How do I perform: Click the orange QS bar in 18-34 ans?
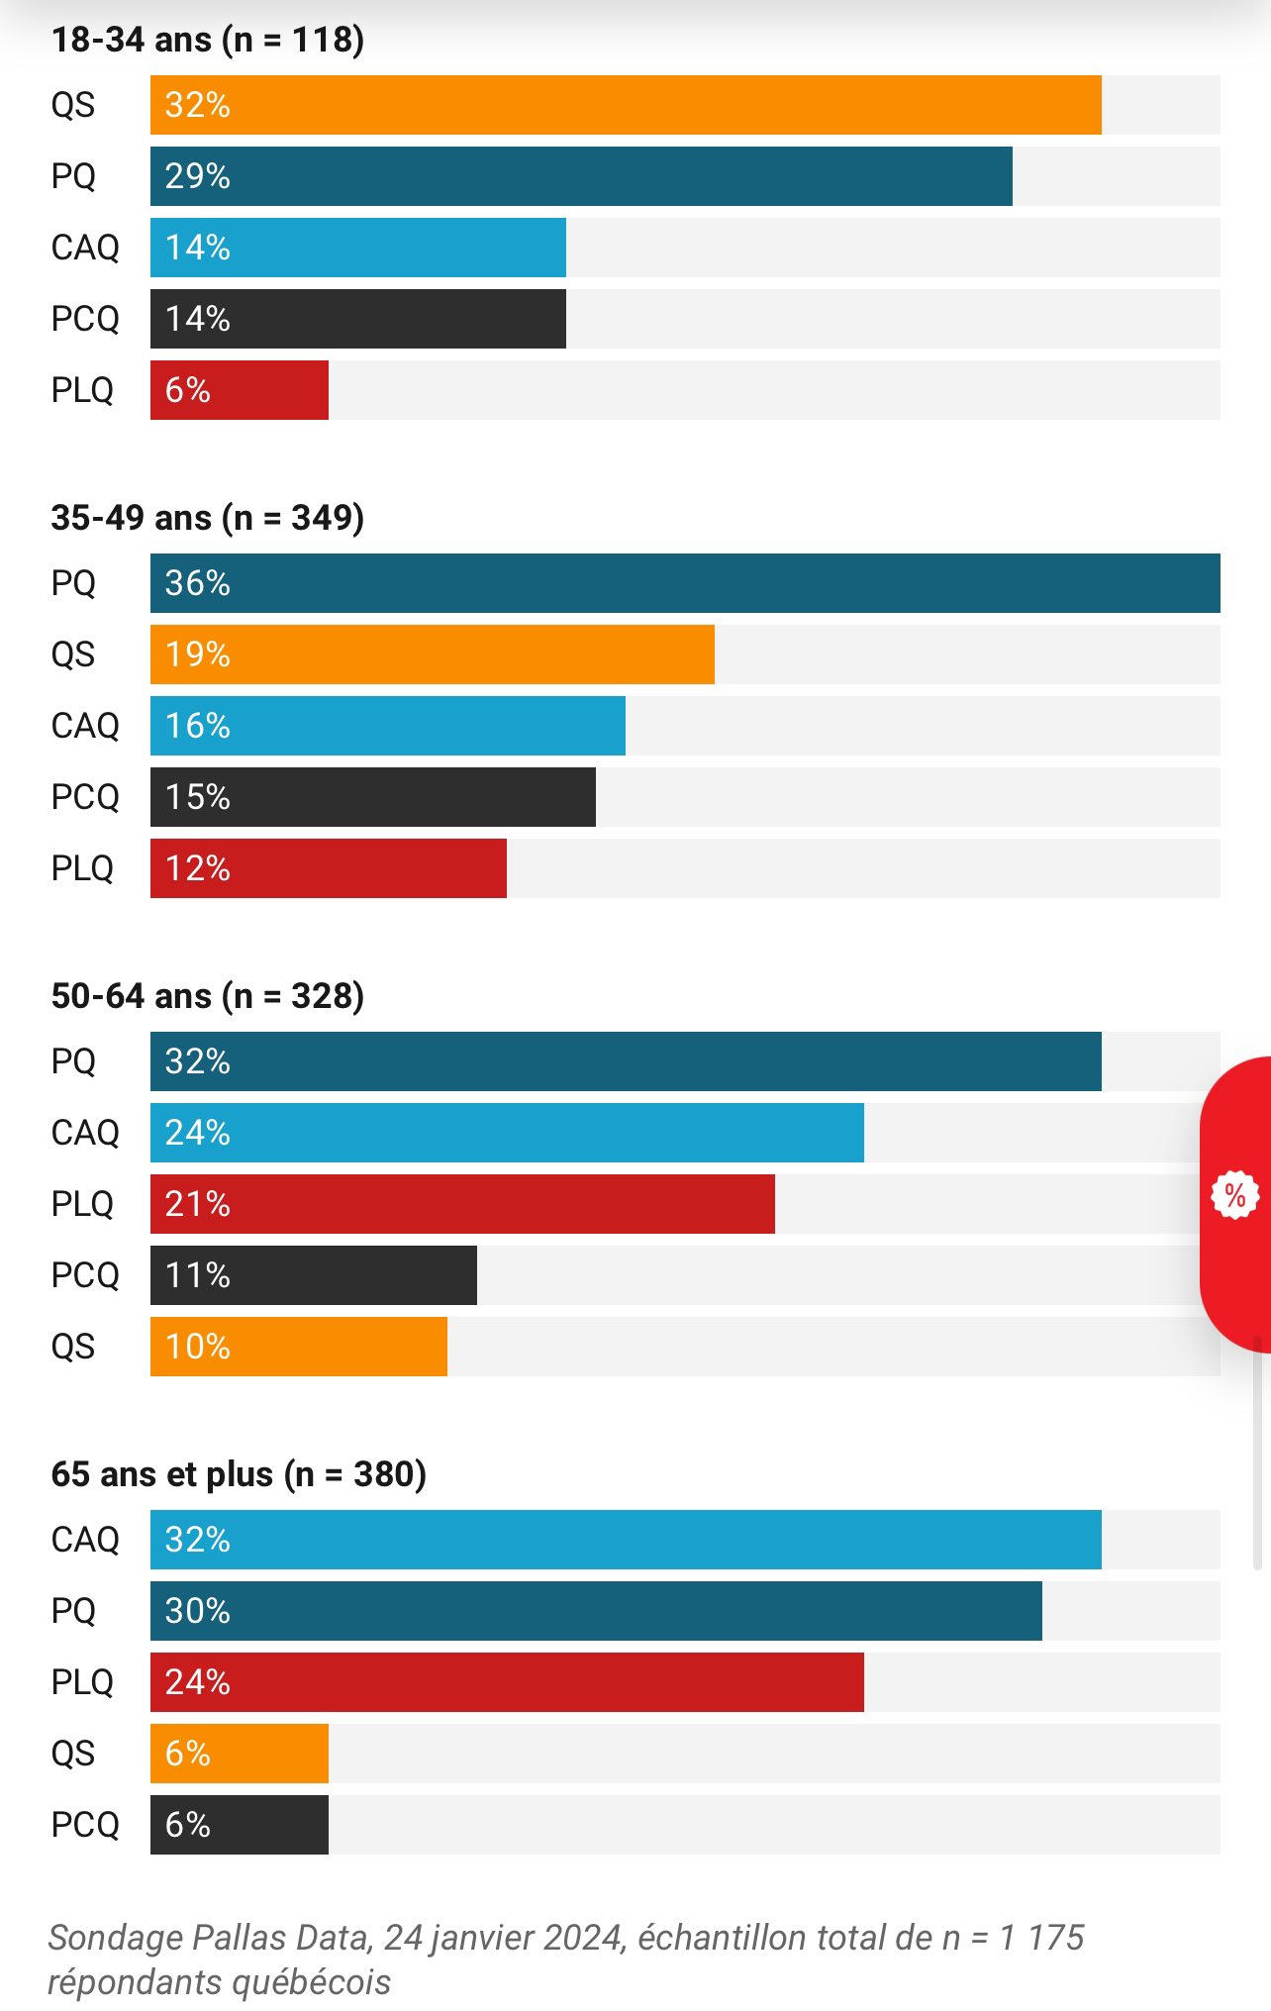626,105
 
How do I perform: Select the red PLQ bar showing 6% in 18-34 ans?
240,390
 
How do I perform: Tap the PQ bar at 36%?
685,583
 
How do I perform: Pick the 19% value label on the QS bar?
198,654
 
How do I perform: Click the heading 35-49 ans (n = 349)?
208,518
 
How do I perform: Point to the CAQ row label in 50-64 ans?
85,1133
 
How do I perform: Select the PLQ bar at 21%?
462,1204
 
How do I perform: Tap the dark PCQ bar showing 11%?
314,1275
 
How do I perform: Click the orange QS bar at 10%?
299,1347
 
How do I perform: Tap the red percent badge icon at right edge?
1234,1195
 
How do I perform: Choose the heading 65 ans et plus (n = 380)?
239,1474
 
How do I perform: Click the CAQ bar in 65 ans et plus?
626,1540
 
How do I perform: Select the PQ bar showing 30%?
596,1611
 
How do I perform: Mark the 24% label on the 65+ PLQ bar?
198,1682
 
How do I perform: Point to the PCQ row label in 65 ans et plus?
85,1825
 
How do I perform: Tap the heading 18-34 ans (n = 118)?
208,40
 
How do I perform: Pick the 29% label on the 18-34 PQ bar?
198,176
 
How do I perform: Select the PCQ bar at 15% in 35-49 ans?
373,797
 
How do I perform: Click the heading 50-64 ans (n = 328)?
208,996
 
